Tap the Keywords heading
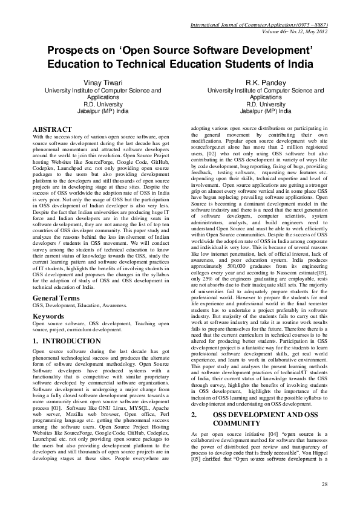click(x=48, y=316)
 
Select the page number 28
click(x=324, y=484)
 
